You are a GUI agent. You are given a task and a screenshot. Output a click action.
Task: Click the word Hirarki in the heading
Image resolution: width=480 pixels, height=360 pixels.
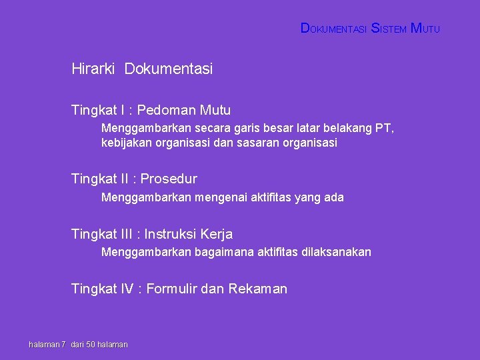(x=93, y=69)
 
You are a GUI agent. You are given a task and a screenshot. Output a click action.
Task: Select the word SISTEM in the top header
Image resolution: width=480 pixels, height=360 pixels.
(x=388, y=29)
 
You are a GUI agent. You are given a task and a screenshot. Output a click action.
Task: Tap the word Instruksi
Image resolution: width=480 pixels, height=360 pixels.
(x=170, y=234)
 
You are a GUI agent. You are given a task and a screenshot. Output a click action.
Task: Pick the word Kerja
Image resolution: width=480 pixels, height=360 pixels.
(x=217, y=234)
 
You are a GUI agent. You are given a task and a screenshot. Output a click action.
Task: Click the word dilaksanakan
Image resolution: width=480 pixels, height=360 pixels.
(x=336, y=252)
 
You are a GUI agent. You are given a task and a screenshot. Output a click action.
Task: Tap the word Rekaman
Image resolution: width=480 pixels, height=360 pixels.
(x=257, y=289)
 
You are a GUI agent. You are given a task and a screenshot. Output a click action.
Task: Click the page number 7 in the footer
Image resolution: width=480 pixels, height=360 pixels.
(x=63, y=344)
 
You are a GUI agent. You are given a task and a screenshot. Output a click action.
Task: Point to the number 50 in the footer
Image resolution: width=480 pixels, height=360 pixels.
(x=91, y=344)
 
